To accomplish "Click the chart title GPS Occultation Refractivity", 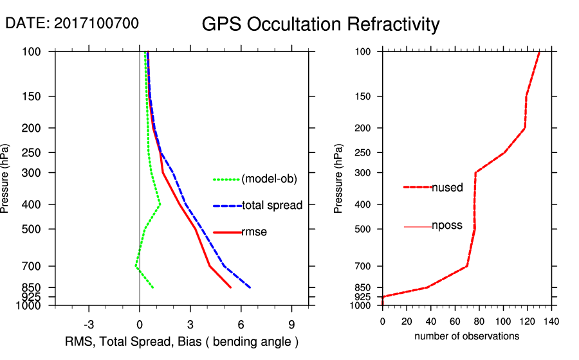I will [320, 24].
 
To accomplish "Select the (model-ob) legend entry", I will [269, 179].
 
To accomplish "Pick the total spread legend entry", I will [271, 206].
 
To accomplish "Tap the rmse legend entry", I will [253, 232].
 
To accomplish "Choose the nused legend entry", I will [447, 188].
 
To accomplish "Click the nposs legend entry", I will [446, 226].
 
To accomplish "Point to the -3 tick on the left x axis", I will [89, 325].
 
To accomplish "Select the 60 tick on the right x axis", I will [455, 321].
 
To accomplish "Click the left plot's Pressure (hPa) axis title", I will [7, 178].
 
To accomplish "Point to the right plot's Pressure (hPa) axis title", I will [339, 178].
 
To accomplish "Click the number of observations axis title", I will [466, 336].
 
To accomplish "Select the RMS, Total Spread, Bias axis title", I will [182, 341].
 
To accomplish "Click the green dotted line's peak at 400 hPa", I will [160, 204].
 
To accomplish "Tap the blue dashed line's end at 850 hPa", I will [250, 287].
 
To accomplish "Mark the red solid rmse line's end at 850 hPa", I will [230, 287].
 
